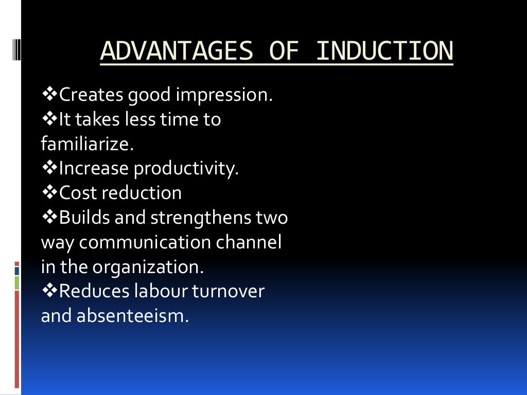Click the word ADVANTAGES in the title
[177, 51]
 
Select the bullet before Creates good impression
[49, 95]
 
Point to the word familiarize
[87, 143]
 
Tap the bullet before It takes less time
[49, 119]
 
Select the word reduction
[142, 193]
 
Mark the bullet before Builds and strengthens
[49, 217]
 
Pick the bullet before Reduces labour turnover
[49, 291]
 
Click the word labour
[161, 292]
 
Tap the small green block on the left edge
[17, 282]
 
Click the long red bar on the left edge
[17, 339]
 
